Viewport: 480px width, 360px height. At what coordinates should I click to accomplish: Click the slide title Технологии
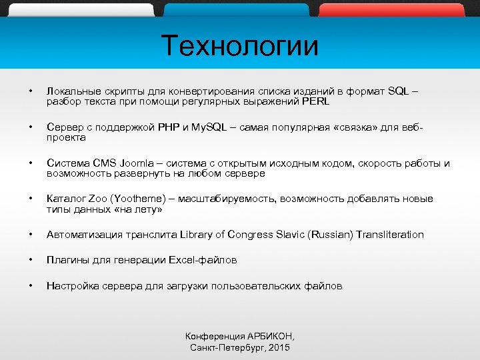tap(240, 46)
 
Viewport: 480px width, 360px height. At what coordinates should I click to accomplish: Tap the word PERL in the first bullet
tap(315, 102)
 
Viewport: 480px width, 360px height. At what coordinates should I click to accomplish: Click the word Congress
tap(251, 235)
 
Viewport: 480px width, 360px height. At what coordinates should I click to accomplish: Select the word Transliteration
tap(390, 235)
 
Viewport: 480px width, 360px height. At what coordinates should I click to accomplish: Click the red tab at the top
tap(391, 9)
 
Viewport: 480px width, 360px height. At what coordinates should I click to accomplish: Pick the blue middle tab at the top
tap(236, 9)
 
